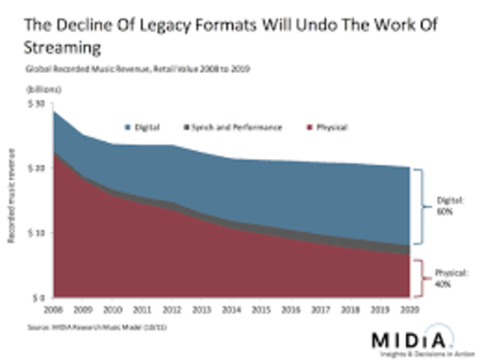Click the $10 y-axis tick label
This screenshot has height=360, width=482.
[38, 232]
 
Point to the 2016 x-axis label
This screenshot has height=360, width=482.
[291, 310]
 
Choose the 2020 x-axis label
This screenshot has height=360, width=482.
[408, 310]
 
